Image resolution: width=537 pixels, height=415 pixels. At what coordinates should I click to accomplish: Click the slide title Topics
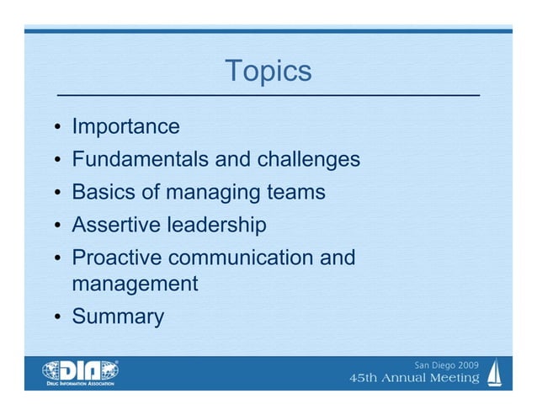(268, 72)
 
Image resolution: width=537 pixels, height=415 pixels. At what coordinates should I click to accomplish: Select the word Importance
(125, 127)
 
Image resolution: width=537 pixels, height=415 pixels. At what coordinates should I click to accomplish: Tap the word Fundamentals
(141, 159)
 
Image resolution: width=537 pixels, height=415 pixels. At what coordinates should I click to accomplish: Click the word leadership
(216, 225)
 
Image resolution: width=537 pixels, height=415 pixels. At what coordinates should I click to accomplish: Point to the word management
(135, 284)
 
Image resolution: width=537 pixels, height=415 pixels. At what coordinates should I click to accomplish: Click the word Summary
(118, 317)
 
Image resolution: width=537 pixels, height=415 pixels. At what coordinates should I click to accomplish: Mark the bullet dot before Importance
(56, 129)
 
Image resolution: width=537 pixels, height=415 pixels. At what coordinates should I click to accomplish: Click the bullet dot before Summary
(56, 318)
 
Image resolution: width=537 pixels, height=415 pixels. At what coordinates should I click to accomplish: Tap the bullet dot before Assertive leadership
(56, 226)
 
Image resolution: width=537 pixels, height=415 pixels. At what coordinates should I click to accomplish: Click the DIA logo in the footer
(81, 369)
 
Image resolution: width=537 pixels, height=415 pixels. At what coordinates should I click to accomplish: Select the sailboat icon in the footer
(496, 371)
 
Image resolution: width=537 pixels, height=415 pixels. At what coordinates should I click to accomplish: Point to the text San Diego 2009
(446, 364)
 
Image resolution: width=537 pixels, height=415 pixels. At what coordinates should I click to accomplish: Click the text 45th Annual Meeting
(414, 378)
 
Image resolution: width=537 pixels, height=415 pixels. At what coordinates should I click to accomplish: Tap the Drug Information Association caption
(80, 383)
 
